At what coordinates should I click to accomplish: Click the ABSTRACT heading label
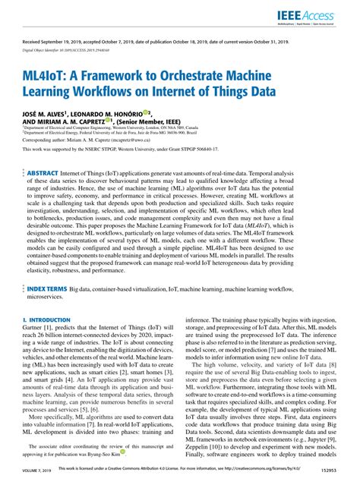click(44, 173)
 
